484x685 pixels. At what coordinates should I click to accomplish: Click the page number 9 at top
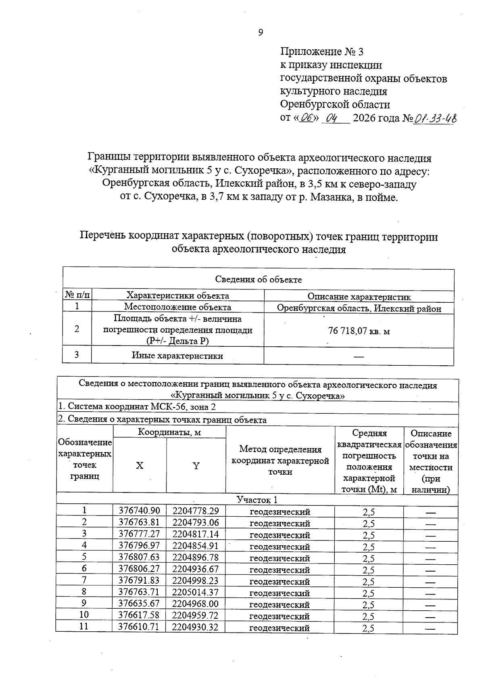pos(261,33)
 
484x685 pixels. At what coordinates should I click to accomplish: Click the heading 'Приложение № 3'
pos(322,52)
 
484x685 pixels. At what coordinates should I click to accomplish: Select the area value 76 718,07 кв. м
pos(359,331)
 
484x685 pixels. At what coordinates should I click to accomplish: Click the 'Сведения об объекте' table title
pos(258,279)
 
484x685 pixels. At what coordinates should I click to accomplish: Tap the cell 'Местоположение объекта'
pos(177,307)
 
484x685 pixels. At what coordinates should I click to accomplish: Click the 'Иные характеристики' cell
pos(177,356)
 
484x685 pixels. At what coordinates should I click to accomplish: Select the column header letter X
pos(139,465)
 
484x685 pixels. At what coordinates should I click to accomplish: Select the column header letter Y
pos(196,465)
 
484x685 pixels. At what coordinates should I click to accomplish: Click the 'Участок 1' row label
pos(257,500)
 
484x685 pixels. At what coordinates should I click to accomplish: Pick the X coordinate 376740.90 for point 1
pos(139,511)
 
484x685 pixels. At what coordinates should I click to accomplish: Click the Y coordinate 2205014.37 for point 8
pos(196,592)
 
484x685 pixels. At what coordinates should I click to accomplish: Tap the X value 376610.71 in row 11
pos(139,627)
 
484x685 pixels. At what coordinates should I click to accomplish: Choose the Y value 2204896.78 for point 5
pos(196,557)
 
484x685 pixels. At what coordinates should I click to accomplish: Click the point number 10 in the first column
pos(84,615)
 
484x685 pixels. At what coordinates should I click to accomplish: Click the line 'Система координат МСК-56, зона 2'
pos(137,406)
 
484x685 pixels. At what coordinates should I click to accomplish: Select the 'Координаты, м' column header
pos(169,433)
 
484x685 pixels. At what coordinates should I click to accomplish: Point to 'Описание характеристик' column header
pos(359,297)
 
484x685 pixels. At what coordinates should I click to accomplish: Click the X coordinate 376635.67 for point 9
pos(139,604)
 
